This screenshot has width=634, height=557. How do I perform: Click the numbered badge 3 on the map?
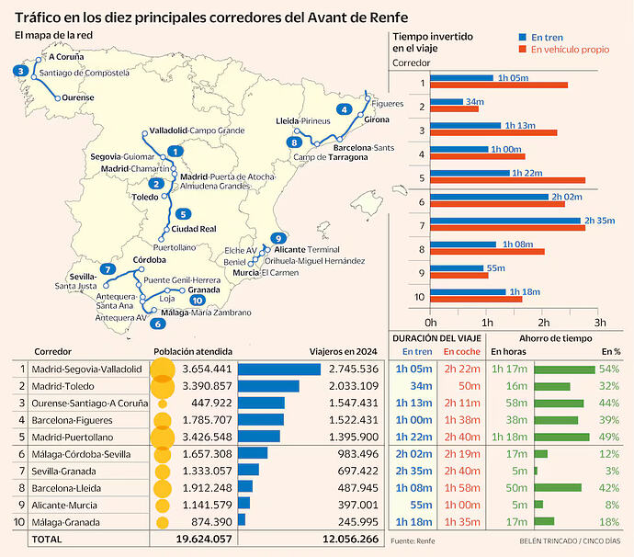20,71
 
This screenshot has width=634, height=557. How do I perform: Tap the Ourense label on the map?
77,97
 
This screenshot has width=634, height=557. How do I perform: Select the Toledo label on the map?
145,197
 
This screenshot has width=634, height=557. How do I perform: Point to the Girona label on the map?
377,119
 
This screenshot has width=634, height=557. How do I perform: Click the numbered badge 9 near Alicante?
277,238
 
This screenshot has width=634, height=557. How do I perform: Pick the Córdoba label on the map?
149,260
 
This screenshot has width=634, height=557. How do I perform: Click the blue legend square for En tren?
523,37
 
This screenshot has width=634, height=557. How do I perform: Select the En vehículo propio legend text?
570,50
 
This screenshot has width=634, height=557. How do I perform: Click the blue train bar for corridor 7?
505,221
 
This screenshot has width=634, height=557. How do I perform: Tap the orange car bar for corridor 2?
455,108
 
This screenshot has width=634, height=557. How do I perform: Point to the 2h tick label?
543,323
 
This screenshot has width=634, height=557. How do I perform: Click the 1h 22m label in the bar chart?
527,173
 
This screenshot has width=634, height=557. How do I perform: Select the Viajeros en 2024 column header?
343,351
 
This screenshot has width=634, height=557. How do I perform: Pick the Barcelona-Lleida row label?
66,488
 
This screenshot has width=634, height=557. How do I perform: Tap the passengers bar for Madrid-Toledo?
268,386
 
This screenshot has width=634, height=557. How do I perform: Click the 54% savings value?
609,369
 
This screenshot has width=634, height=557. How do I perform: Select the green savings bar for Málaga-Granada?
544,521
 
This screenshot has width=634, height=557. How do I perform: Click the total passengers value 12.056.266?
351,539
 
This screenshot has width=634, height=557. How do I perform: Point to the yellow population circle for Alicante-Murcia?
163,506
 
